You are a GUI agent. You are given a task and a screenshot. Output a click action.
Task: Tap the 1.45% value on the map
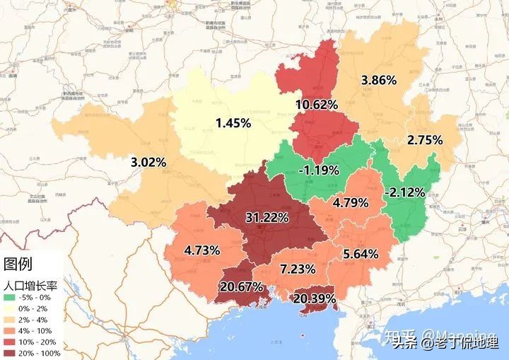click(233, 123)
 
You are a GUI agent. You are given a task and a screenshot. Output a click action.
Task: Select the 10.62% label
click(316, 104)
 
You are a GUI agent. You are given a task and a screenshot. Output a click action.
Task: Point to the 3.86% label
click(378, 80)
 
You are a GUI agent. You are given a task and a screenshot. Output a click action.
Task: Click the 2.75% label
click(425, 140)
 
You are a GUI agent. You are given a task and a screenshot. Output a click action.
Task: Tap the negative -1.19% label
click(319, 170)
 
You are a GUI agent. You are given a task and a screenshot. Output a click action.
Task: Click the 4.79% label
click(351, 203)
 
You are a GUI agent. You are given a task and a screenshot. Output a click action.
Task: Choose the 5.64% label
click(360, 254)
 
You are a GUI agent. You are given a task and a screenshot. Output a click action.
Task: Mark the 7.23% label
click(298, 269)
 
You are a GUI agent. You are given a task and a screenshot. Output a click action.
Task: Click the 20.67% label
click(242, 287)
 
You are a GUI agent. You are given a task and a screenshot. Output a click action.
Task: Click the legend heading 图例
click(19, 265)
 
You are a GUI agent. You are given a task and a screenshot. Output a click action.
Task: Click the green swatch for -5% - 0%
click(10, 298)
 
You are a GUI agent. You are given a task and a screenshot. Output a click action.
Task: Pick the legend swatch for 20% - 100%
click(10, 352)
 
